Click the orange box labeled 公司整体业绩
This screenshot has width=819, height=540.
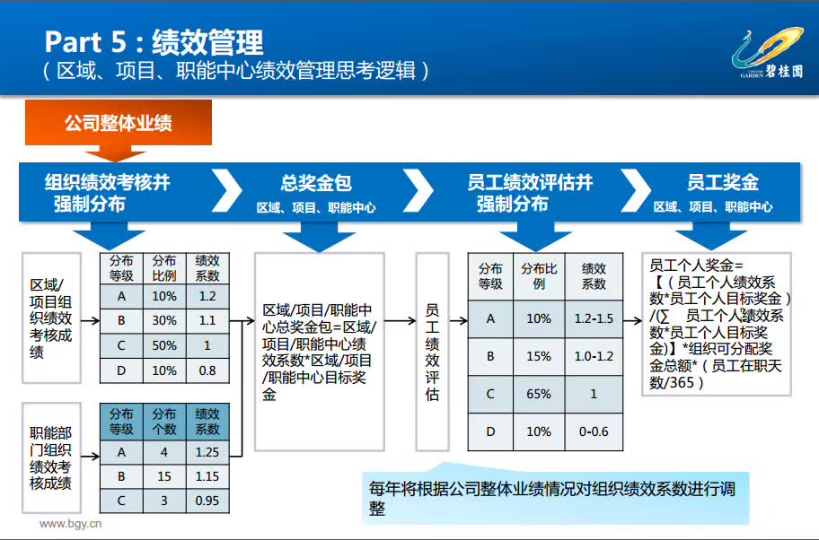click(x=119, y=123)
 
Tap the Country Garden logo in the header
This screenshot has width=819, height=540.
click(x=767, y=53)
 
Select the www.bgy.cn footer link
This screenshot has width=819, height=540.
click(x=71, y=523)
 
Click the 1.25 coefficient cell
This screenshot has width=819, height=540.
click(x=207, y=452)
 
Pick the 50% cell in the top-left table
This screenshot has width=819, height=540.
click(x=164, y=345)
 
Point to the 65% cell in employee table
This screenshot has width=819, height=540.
click(x=539, y=394)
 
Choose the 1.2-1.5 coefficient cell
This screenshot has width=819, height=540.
click(x=594, y=318)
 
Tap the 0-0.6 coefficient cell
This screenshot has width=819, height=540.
click(x=594, y=431)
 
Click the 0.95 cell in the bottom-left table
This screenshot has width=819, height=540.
click(x=207, y=501)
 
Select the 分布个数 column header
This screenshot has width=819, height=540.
click(x=164, y=422)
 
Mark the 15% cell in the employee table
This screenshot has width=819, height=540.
click(x=539, y=356)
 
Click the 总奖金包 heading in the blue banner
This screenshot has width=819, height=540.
click(x=315, y=183)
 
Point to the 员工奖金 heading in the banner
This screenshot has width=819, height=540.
click(x=722, y=182)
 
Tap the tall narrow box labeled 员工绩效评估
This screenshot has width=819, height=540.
click(x=433, y=352)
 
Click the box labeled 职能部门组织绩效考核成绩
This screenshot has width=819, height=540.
click(x=51, y=457)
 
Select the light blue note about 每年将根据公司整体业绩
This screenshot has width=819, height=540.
click(x=556, y=497)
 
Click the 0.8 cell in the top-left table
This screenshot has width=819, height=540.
click(x=207, y=370)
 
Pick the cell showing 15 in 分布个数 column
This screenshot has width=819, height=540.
click(x=164, y=476)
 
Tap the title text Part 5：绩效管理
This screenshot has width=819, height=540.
click(x=154, y=42)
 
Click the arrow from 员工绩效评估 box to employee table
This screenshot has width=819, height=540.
click(x=458, y=320)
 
